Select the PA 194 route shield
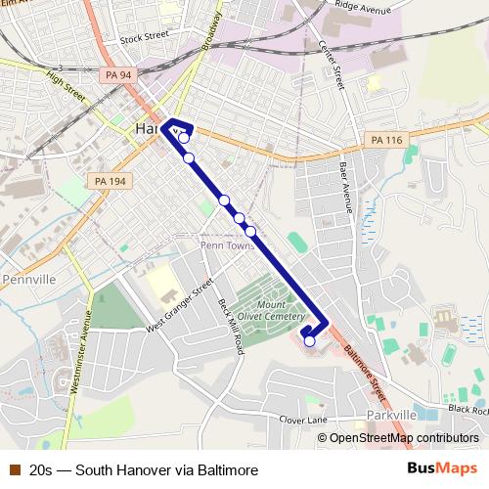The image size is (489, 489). click(110, 181)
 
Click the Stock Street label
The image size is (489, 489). click(145, 39)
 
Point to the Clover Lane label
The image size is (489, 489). click(303, 420)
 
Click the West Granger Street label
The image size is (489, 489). click(179, 305)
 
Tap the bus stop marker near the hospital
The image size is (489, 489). click(310, 341)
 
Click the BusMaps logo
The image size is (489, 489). click(440, 469)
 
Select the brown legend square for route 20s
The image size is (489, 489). click(15, 470)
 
